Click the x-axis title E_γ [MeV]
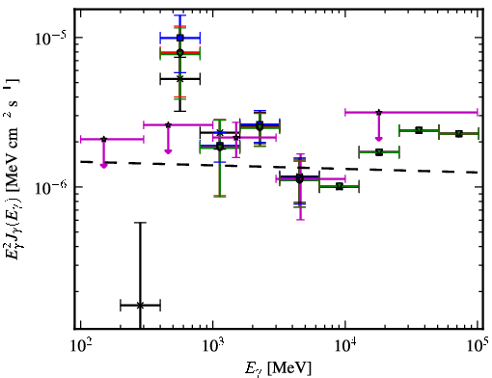click(278, 368)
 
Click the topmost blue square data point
click(180, 38)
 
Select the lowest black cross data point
click(140, 305)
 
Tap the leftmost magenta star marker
click(103, 139)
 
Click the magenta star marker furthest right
click(379, 112)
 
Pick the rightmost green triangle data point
click(459, 134)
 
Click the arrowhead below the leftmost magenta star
click(103, 166)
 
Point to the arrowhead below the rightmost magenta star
click(379, 139)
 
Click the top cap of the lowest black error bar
click(140, 223)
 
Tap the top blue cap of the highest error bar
click(180, 15)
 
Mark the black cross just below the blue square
click(180, 79)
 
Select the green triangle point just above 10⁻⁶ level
click(339, 186)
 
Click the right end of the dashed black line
click(478, 173)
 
